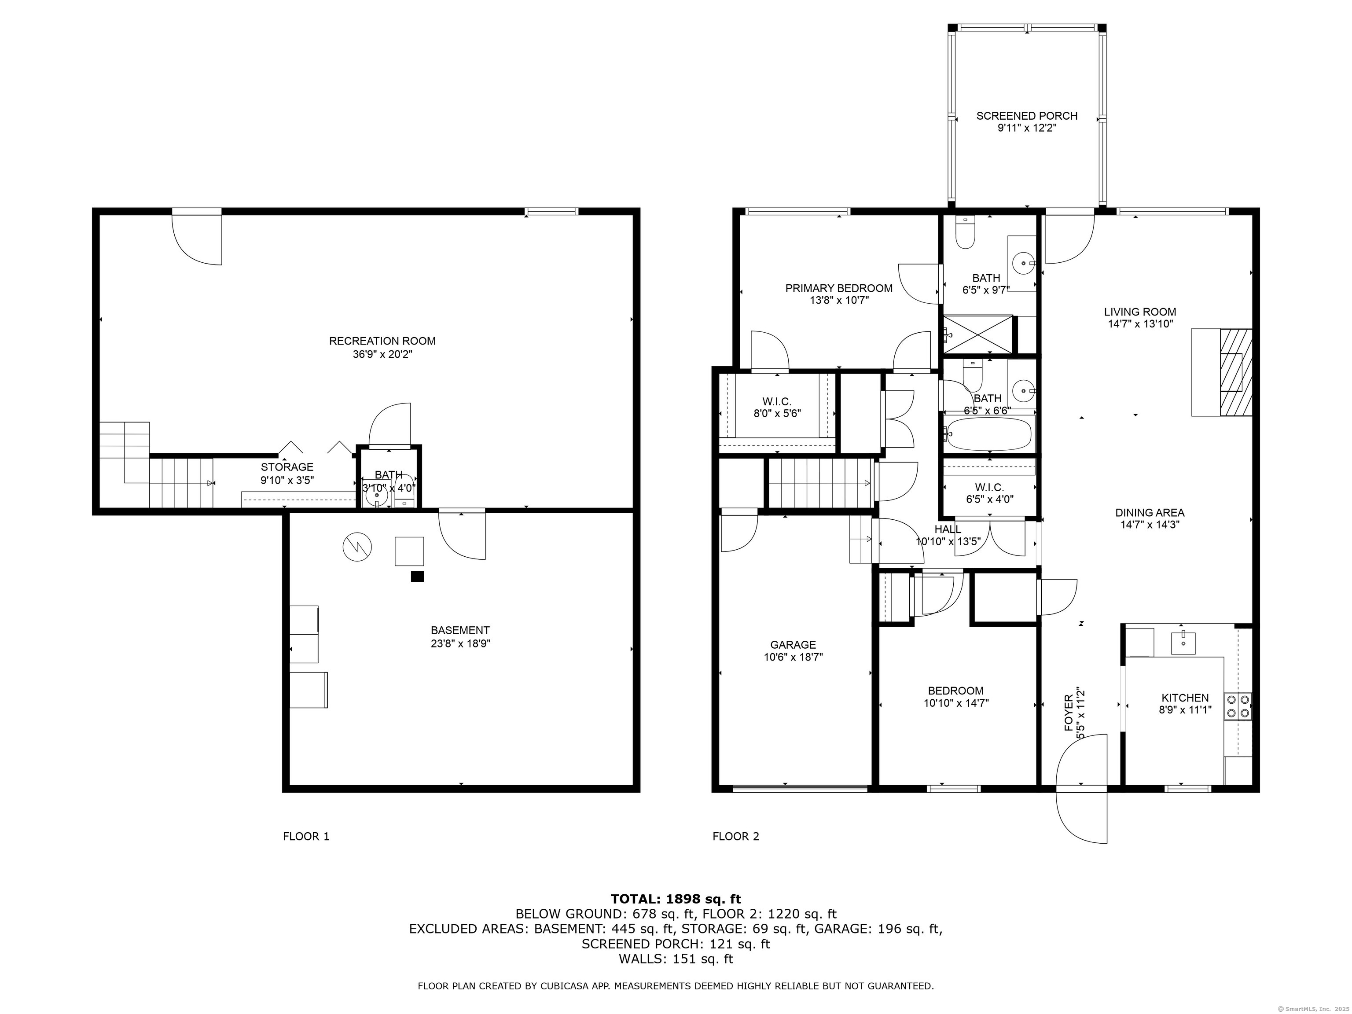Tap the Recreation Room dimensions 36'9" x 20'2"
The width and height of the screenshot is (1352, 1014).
point(382,354)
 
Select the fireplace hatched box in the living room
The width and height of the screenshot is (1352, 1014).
point(1234,372)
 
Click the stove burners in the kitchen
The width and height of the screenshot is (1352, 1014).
point(1238,706)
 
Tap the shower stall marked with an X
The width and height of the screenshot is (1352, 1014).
point(978,334)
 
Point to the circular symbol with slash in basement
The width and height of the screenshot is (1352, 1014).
point(357,547)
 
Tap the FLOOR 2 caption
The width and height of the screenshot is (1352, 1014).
point(736,836)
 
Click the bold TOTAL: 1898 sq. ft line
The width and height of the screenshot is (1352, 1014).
point(676,899)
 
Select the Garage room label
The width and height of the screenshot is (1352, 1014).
point(793,644)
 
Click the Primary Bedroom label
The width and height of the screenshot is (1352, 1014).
point(838,288)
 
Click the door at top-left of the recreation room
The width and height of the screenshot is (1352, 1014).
point(197,239)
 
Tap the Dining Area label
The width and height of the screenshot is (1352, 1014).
point(1150,513)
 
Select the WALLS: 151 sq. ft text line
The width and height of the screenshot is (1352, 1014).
point(676,959)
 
